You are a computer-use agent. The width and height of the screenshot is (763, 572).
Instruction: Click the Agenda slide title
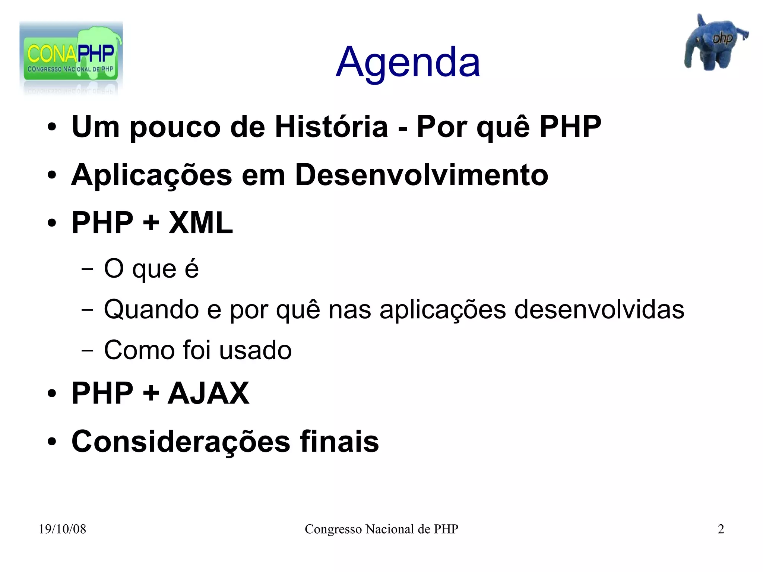point(408,63)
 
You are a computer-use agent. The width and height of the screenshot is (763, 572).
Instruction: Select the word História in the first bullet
point(331,127)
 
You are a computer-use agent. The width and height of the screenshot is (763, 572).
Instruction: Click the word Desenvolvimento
point(421,175)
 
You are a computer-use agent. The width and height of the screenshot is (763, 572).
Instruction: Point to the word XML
point(200,223)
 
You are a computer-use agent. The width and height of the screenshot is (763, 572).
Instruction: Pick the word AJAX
point(208,393)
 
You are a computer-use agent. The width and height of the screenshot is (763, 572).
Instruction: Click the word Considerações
point(181,442)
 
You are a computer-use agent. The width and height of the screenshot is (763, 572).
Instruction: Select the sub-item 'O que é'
point(151,269)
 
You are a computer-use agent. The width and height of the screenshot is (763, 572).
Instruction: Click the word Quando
point(151,309)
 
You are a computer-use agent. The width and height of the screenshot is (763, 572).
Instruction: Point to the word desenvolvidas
point(599,309)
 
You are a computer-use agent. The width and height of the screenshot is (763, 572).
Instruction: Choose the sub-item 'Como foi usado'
point(197,350)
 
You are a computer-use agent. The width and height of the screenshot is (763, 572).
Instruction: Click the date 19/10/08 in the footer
point(62,529)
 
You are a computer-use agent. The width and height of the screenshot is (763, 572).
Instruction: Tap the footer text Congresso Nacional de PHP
point(381,529)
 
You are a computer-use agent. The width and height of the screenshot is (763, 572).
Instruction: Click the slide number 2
point(721,529)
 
